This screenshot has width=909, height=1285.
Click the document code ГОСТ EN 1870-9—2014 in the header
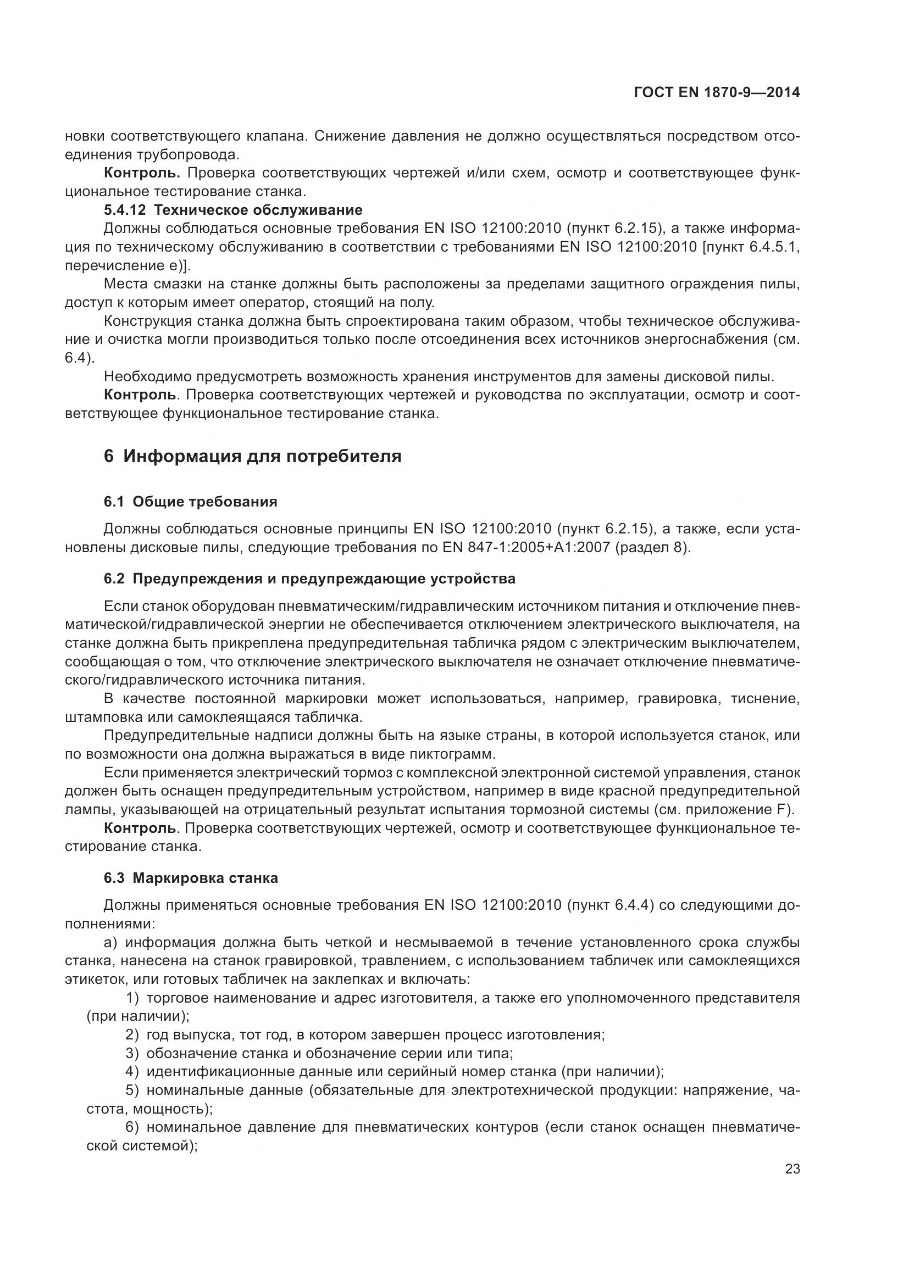pyautogui.click(x=717, y=93)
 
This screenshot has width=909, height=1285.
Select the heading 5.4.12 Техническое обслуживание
pyautogui.click(x=233, y=210)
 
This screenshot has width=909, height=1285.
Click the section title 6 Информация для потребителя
pyautogui.click(x=253, y=456)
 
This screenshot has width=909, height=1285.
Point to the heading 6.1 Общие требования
pyautogui.click(x=190, y=502)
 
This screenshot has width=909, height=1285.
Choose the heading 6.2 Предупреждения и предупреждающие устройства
pyautogui.click(x=309, y=578)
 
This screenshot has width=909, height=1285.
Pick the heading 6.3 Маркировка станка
pyautogui.click(x=191, y=878)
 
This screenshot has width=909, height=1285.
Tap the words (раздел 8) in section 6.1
pyautogui.click(x=653, y=547)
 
